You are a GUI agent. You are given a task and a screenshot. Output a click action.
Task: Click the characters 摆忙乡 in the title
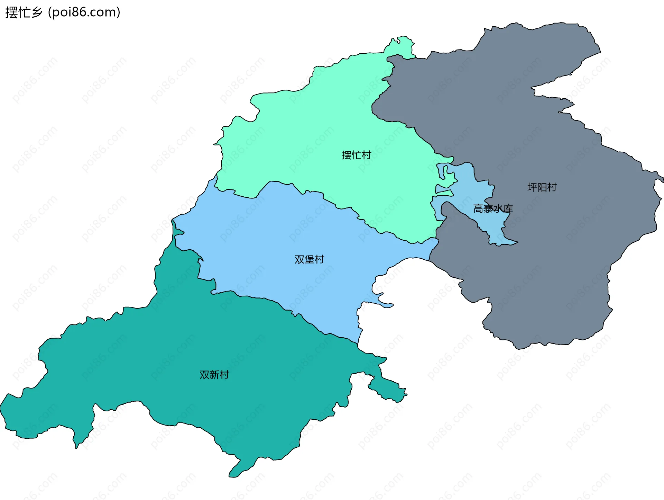coord(24,12)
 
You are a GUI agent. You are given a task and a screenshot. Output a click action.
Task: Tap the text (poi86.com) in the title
coord(84,12)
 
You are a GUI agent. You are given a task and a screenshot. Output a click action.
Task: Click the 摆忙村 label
coord(356,155)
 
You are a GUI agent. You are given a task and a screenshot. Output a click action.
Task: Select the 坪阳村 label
coord(542,187)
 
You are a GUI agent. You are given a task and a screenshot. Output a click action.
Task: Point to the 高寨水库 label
coord(493,209)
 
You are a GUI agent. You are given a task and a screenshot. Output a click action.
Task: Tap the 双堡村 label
coord(309,259)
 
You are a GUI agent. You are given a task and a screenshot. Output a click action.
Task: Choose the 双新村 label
coord(214,375)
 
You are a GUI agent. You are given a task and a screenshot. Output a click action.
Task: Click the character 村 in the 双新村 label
coord(224,375)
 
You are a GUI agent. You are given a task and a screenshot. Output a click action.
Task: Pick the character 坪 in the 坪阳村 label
coord(532,187)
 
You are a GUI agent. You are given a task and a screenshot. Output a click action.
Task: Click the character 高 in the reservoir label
coord(478,209)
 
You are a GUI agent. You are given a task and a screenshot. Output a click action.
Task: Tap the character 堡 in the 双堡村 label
coord(309,259)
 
